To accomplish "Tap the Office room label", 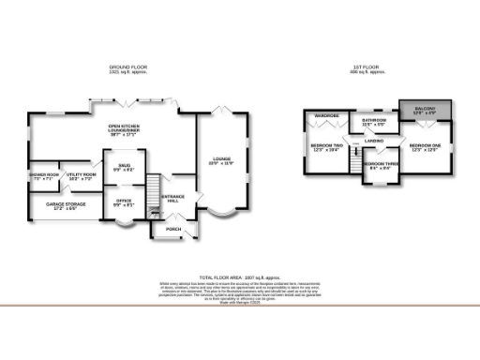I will point(124,202).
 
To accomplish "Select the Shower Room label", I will point(44,176).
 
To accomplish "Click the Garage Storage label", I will point(59,204).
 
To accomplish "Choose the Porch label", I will point(173,229).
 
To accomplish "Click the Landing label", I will point(374,142).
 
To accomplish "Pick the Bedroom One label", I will point(425,146).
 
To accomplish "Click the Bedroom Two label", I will point(326,147).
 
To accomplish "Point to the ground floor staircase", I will point(157,196).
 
